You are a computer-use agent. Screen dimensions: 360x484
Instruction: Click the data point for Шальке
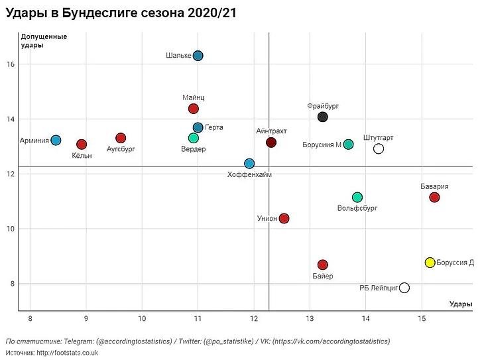tap(198, 56)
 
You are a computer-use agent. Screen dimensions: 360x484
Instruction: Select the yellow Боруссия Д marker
tap(430, 263)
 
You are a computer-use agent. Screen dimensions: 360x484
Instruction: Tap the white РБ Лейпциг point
tap(404, 288)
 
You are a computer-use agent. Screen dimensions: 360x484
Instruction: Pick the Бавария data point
tap(434, 197)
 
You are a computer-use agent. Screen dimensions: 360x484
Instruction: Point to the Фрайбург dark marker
tap(323, 117)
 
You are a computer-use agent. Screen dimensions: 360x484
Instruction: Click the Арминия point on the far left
tap(56, 140)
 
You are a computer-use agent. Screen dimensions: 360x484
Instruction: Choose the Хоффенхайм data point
tap(249, 164)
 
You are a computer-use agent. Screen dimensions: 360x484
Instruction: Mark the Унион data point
tap(284, 218)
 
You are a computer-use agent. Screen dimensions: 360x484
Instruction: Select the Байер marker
tap(323, 265)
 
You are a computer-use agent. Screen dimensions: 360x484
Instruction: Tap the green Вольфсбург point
tap(357, 197)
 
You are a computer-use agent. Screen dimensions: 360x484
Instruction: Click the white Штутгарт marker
tap(379, 149)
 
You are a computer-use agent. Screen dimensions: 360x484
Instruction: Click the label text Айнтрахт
tap(271, 131)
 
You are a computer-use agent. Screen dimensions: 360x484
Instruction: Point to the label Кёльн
tap(82, 155)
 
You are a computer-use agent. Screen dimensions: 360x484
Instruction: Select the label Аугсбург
tap(121, 149)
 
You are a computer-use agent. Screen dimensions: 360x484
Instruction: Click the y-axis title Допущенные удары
tap(44, 40)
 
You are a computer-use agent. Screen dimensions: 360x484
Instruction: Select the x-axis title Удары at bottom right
tap(460, 304)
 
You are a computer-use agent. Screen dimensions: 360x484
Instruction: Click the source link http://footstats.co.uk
tap(66, 353)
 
